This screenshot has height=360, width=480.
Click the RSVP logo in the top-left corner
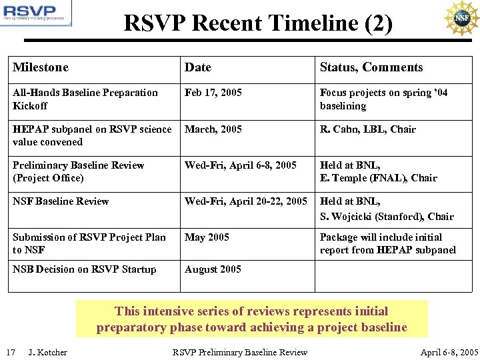pyautogui.click(x=36, y=14)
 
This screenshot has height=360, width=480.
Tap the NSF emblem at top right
pyautogui.click(x=461, y=18)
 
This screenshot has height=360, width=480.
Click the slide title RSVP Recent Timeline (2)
pyautogui.click(x=258, y=23)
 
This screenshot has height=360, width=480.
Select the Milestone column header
pyautogui.click(x=41, y=67)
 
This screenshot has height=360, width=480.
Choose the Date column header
pyautogui.click(x=198, y=67)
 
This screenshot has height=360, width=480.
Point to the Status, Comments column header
pyautogui.click(x=371, y=67)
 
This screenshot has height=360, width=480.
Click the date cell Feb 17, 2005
pyautogui.click(x=213, y=93)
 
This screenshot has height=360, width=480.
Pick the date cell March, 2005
pyautogui.click(x=213, y=129)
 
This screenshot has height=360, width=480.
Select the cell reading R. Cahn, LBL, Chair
pyautogui.click(x=368, y=129)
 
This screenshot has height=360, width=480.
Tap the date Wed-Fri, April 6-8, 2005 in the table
pyautogui.click(x=241, y=165)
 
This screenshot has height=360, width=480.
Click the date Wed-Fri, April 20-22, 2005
pyautogui.click(x=246, y=201)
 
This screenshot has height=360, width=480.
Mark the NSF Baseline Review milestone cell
pyautogui.click(x=61, y=201)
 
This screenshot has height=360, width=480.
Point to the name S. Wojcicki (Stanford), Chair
pyautogui.click(x=387, y=217)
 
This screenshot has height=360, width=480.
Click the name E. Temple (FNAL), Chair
pyautogui.click(x=379, y=178)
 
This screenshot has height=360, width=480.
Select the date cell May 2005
pyautogui.click(x=207, y=237)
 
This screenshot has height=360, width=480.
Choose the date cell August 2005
pyautogui.click(x=212, y=269)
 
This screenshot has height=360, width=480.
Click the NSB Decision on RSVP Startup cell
pyautogui.click(x=85, y=269)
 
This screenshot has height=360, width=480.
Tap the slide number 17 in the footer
pyautogui.click(x=11, y=352)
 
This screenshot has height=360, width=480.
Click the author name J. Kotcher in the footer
pyautogui.click(x=48, y=352)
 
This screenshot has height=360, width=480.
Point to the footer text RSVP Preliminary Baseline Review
pyautogui.click(x=240, y=352)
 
